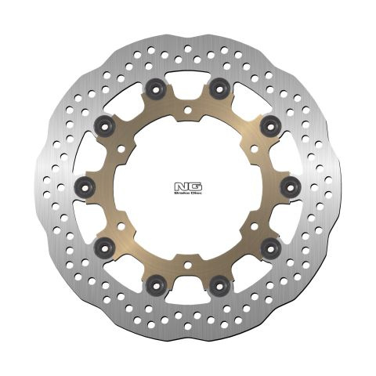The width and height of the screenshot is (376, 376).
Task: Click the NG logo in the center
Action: click(188, 187)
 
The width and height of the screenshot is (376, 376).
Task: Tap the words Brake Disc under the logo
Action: click(188, 193)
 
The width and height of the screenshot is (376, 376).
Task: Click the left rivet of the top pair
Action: click(156, 89)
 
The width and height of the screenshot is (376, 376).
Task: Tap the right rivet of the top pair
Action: click(219, 89)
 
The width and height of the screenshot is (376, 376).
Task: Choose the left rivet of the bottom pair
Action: click(156, 285)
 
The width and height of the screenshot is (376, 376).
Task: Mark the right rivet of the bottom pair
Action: click(219, 285)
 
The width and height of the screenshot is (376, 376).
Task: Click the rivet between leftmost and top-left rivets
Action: click(105, 127)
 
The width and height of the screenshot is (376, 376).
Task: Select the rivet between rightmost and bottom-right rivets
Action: click(271, 248)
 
